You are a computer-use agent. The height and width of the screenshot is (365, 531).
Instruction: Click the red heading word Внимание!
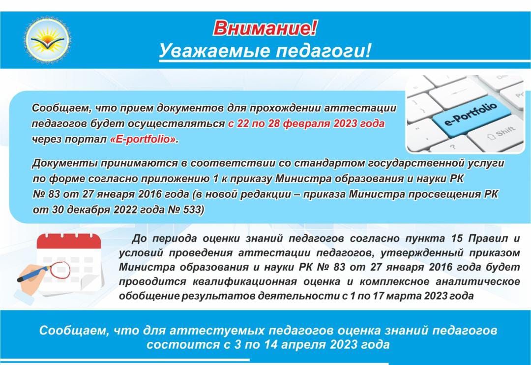265,28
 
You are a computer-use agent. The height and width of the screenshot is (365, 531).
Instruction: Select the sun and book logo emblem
47,40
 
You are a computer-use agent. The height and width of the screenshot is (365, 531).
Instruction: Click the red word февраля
306,123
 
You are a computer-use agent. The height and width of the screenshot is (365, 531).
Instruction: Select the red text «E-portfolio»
144,139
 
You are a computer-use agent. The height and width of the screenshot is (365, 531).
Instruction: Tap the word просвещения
436,194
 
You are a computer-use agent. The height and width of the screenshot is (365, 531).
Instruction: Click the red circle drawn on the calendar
60,270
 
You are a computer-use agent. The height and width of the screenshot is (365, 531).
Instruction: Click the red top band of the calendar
69,242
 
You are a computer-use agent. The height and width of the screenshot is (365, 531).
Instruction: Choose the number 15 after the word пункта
457,239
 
